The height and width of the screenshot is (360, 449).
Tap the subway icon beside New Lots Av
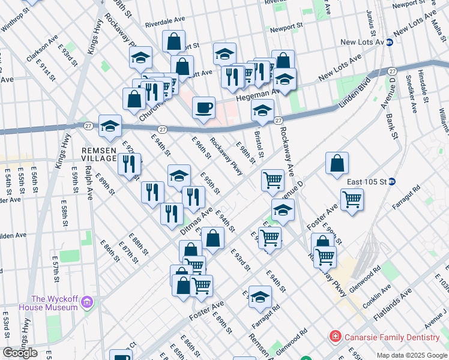(390, 42)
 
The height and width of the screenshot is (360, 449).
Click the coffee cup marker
(204, 108)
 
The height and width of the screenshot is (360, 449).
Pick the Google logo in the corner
(20, 353)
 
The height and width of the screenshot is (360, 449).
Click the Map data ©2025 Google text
(412, 355)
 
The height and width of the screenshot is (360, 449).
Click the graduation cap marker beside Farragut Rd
(260, 297)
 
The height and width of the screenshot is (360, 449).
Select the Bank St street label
(393, 127)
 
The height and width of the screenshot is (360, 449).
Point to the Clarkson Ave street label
(41, 47)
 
